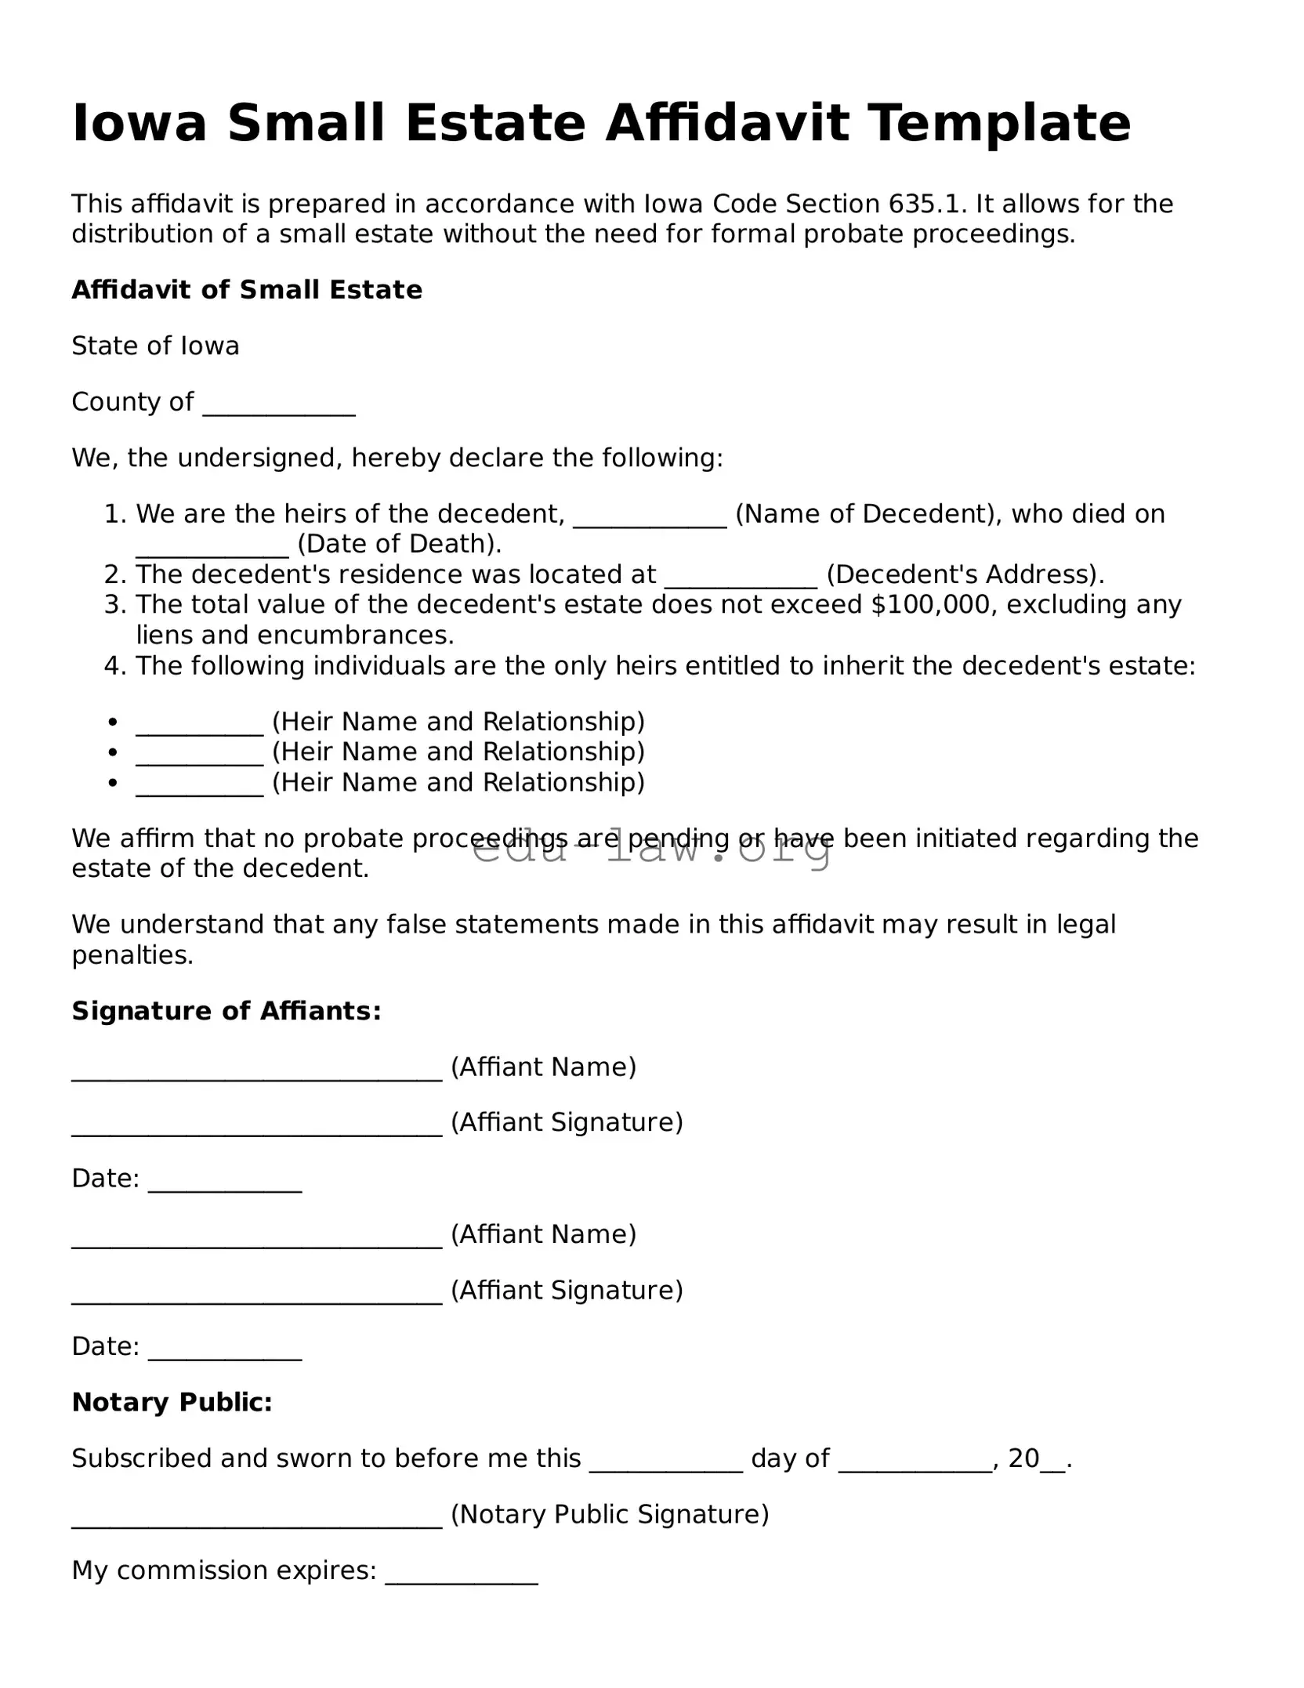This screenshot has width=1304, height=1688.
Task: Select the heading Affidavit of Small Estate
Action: [x=247, y=290]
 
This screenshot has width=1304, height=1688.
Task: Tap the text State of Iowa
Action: [x=155, y=346]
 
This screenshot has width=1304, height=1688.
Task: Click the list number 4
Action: [x=114, y=666]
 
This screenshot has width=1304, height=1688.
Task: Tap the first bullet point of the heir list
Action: [x=114, y=722]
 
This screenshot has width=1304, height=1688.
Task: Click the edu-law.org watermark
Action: [x=651, y=849]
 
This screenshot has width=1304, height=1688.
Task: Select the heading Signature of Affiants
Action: [x=226, y=1012]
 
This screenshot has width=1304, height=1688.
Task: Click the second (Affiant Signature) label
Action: [x=567, y=1291]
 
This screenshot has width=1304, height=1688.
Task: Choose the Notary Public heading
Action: [x=172, y=1403]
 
